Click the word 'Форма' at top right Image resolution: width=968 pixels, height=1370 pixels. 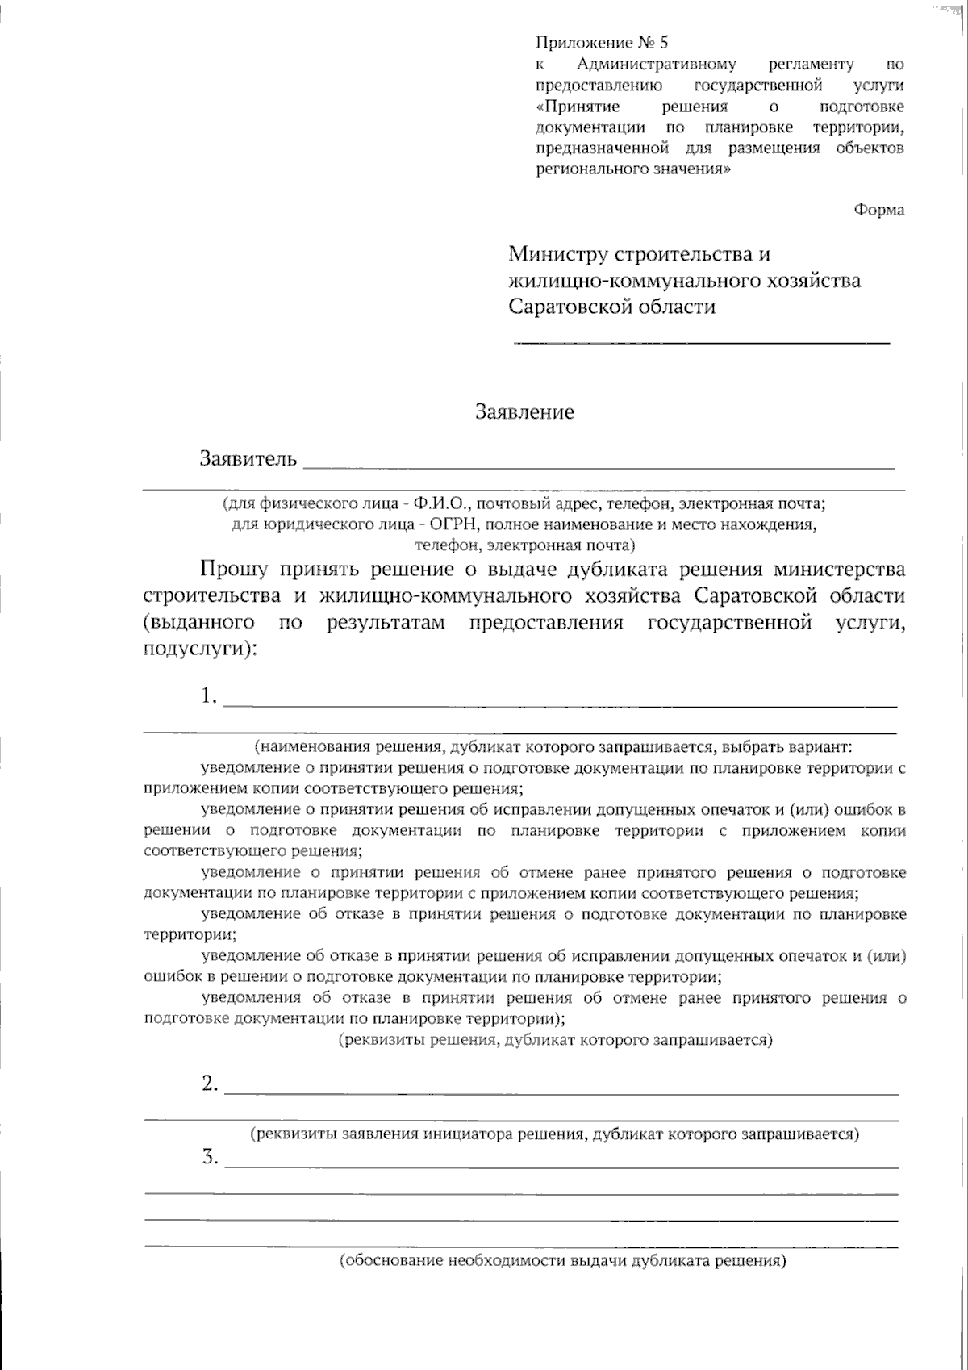point(878,210)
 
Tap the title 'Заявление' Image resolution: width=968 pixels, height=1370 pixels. point(524,412)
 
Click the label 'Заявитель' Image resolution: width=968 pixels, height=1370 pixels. point(248,459)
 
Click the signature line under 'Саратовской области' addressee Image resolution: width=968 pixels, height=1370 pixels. point(702,343)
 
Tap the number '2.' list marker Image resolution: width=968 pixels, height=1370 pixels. point(210,1084)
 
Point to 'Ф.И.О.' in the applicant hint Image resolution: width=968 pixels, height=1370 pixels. point(440,504)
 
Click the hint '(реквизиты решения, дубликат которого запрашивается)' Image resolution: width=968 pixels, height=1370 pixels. point(554,1040)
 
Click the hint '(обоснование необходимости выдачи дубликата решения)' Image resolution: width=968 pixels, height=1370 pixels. point(562,1260)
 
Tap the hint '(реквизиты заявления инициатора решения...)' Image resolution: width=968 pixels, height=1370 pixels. point(554,1134)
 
